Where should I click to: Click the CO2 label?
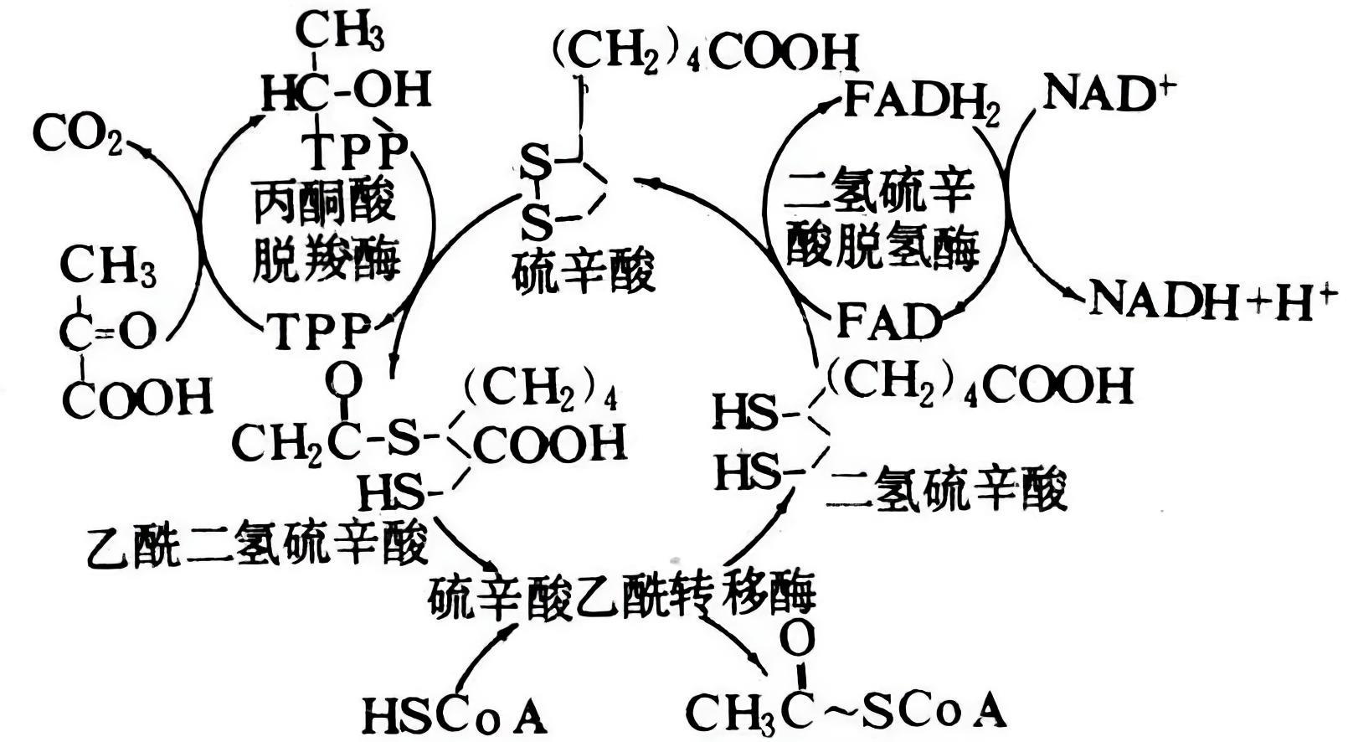coord(77,133)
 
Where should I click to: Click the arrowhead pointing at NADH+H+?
coord(1074,292)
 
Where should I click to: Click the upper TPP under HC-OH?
coord(358,150)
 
